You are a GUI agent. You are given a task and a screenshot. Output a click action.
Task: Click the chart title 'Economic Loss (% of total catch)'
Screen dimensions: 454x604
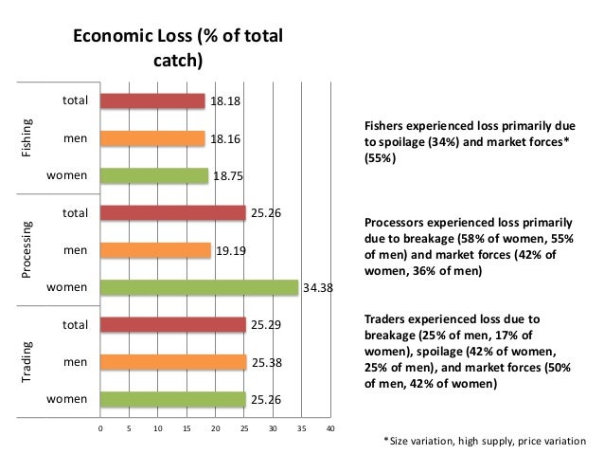[178, 50]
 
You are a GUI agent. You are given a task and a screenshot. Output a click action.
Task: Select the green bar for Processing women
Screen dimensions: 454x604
[200, 287]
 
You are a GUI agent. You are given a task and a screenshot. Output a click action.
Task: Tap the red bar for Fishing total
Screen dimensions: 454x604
[153, 100]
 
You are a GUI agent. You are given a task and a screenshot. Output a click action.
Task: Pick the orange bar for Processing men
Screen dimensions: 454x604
[156, 250]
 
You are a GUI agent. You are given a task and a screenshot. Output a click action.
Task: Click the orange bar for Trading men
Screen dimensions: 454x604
[174, 361]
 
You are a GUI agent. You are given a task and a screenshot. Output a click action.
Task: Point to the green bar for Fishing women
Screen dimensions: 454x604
[154, 175]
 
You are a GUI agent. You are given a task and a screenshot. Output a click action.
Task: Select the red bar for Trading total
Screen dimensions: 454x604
[173, 325]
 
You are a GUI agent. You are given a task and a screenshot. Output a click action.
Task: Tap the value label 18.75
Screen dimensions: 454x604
[227, 176]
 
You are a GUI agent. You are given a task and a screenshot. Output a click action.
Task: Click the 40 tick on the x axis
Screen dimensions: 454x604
[330, 429]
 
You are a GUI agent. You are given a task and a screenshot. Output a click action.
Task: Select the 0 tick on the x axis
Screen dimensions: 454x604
[101, 429]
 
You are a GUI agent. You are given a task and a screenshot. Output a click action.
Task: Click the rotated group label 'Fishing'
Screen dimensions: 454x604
[29, 138]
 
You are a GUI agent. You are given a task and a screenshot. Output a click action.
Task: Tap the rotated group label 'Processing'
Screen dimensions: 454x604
[29, 250]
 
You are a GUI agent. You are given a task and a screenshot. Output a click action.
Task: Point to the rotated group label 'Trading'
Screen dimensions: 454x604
[29, 362]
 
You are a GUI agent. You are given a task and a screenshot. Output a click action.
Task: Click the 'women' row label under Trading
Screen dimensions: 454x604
[69, 399]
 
